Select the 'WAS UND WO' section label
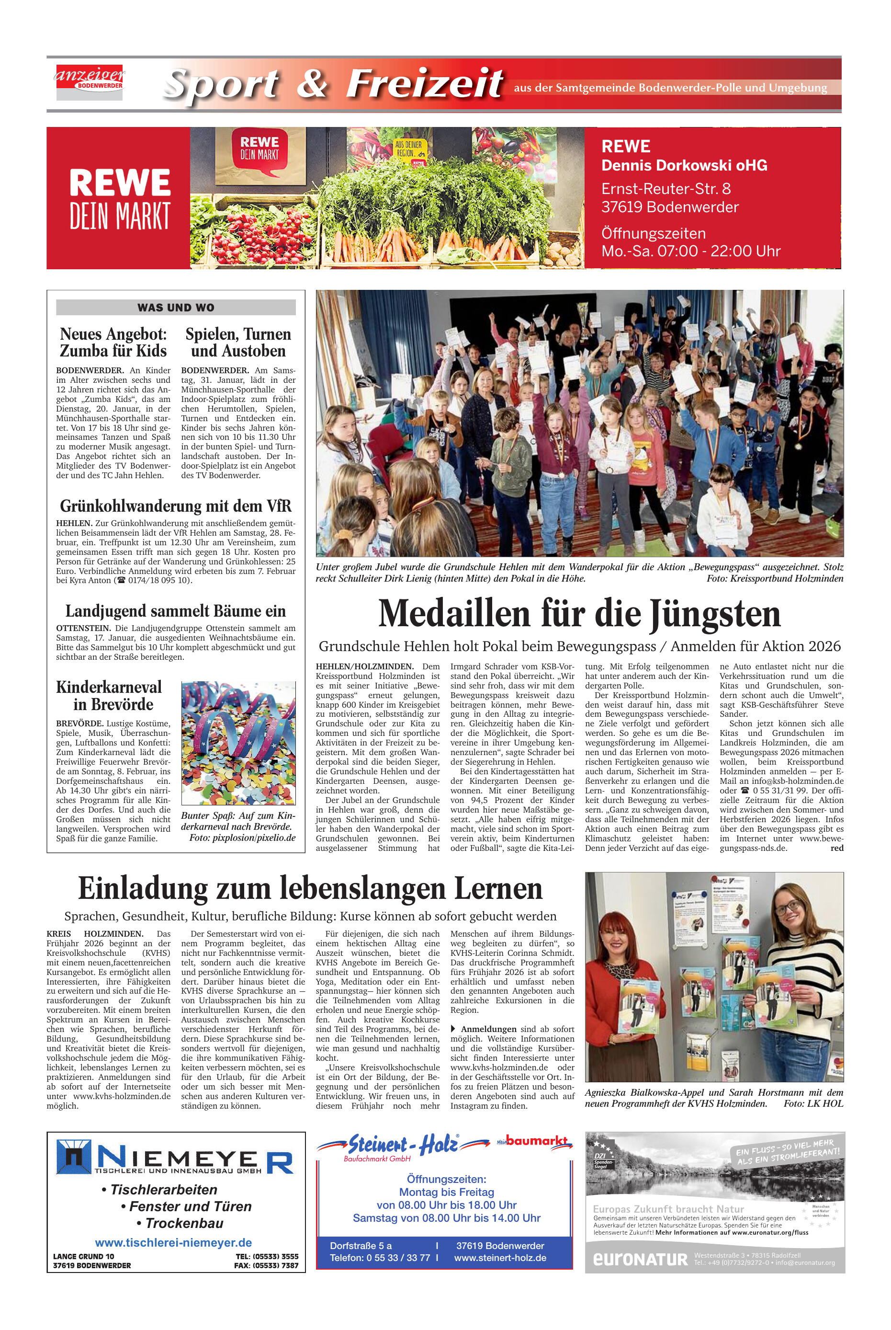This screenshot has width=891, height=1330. pyautogui.click(x=176, y=308)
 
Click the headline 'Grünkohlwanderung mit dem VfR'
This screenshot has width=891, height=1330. pyautogui.click(x=176, y=505)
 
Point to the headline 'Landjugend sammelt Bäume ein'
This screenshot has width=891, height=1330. pyautogui.click(x=176, y=611)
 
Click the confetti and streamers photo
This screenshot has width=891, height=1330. pyautogui.click(x=238, y=743)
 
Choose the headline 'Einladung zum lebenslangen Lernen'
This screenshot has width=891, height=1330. pyautogui.click(x=310, y=888)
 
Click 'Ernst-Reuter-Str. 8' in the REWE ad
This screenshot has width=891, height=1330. pyautogui.click(x=666, y=188)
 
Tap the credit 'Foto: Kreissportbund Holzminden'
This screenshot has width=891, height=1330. pyautogui.click(x=775, y=578)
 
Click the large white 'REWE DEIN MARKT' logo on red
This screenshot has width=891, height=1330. pyautogui.click(x=119, y=198)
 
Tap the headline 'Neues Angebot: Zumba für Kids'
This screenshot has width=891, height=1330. pyautogui.click(x=113, y=342)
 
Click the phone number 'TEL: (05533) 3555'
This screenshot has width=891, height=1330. pyautogui.click(x=267, y=1256)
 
